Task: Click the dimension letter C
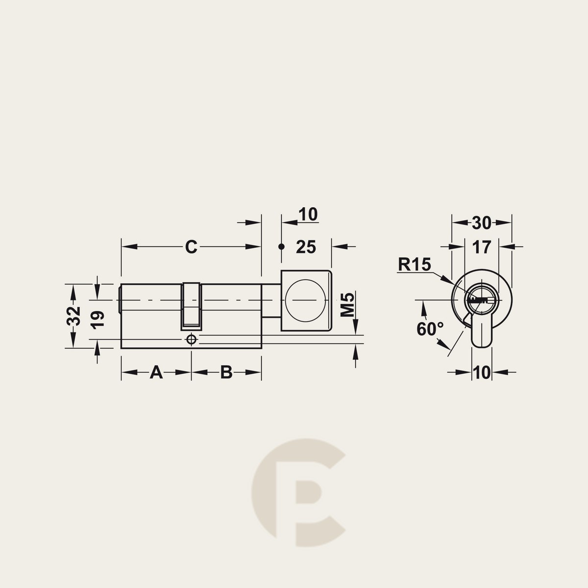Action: pos(191,247)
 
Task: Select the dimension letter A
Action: pos(156,372)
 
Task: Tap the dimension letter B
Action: pos(226,372)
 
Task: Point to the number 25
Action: pos(306,247)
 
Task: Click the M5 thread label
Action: pos(347,304)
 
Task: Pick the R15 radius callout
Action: pos(415,264)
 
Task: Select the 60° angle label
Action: pos(430,329)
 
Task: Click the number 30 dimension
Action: pos(482,223)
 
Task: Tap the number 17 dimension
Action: pos(482,247)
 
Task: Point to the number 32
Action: pos(73,316)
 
